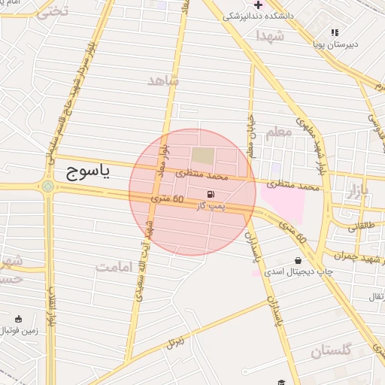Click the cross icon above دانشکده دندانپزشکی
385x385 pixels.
click(x=257, y=5)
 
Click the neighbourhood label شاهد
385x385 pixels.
click(x=164, y=80)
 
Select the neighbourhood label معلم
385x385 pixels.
click(x=278, y=132)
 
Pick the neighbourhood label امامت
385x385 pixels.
click(x=114, y=267)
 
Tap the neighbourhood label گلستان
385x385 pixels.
click(x=331, y=350)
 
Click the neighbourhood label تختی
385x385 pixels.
click(x=52, y=11)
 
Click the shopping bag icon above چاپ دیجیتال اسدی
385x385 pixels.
click(x=299, y=260)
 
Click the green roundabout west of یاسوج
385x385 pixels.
click(x=49, y=186)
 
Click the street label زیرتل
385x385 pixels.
click(x=174, y=343)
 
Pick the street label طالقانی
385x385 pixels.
click(x=359, y=224)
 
